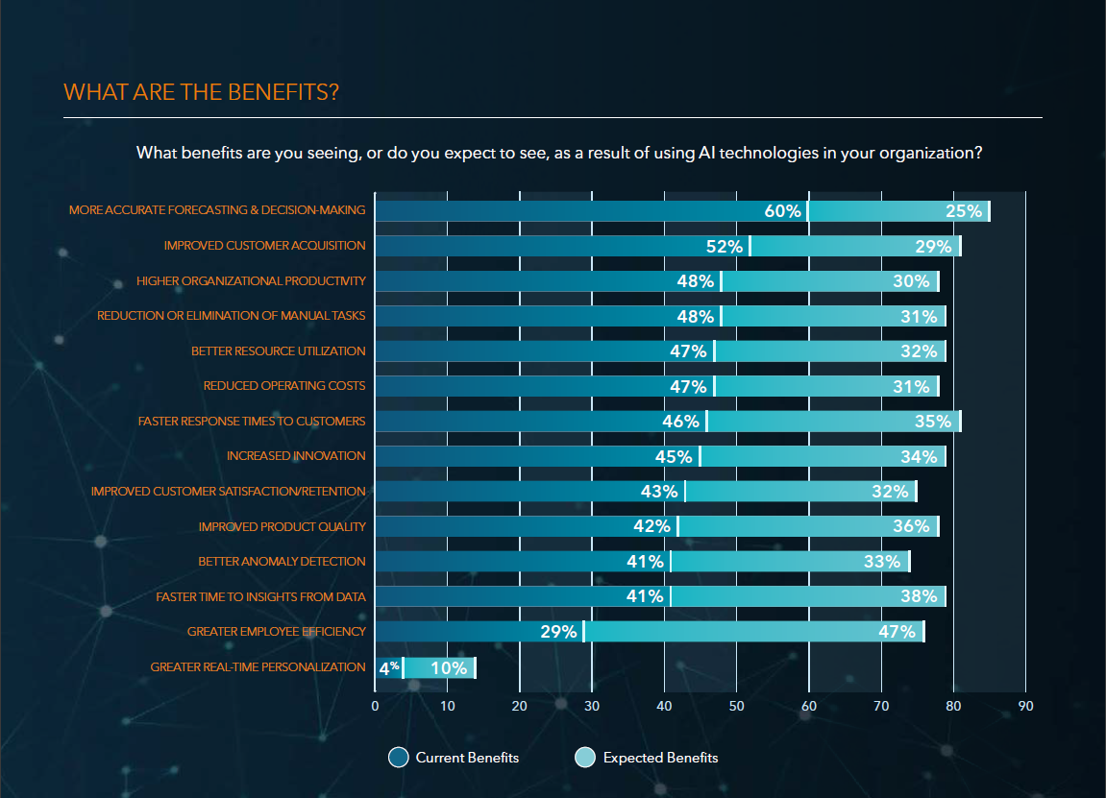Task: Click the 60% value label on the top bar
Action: tap(782, 211)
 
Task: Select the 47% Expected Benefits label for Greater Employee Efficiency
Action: tap(897, 632)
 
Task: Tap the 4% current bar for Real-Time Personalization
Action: tap(388, 667)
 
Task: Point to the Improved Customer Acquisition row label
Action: tap(264, 246)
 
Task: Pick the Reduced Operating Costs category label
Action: tap(284, 386)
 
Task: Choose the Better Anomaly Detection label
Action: tap(282, 562)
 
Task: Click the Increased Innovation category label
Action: tap(296, 456)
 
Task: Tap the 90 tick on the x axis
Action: tap(1025, 706)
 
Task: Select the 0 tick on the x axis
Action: tap(376, 706)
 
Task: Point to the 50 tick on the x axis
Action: tap(737, 706)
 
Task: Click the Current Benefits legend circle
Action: tap(399, 758)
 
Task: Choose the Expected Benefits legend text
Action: tap(660, 758)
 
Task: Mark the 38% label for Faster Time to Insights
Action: tap(919, 596)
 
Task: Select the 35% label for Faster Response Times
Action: tap(933, 422)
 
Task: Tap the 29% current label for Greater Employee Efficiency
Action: tap(558, 632)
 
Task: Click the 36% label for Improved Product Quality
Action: tap(911, 526)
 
